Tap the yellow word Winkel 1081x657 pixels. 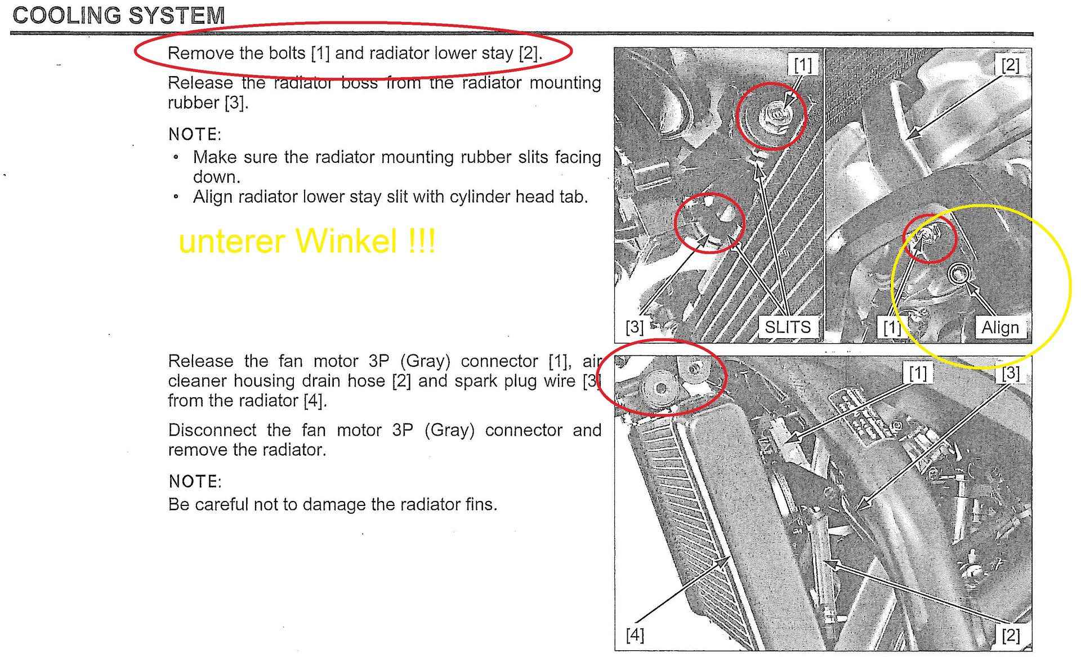point(346,241)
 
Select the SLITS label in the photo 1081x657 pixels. point(787,327)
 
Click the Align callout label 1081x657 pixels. point(1000,327)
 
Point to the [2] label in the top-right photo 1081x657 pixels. point(1011,65)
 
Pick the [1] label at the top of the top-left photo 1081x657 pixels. point(802,65)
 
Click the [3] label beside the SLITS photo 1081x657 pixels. point(635,327)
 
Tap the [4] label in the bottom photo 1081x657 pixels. point(635,635)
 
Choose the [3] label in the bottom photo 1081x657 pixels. point(1011,372)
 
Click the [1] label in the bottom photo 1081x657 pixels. point(918,372)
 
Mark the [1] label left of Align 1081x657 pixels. point(892,327)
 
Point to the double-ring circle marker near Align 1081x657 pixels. point(958,274)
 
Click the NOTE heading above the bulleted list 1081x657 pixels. point(195,134)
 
